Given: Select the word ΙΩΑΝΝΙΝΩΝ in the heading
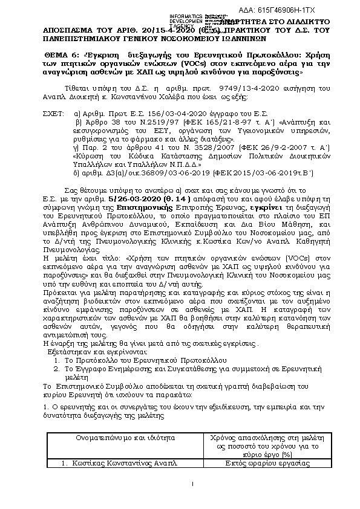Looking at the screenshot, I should click(196, 36).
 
